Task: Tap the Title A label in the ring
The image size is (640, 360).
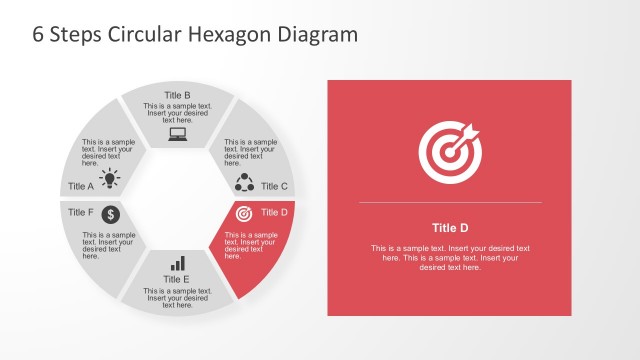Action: (x=81, y=186)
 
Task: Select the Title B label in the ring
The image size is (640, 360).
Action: (x=178, y=95)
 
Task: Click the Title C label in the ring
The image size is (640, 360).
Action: (x=274, y=186)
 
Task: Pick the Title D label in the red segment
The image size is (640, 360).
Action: (x=274, y=212)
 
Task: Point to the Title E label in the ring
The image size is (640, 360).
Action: (x=177, y=279)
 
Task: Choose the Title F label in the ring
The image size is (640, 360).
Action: (x=81, y=212)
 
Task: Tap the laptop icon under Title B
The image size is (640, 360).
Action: (x=178, y=134)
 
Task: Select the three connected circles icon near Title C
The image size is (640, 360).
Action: (x=244, y=182)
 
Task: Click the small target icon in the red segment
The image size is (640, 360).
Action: (x=244, y=214)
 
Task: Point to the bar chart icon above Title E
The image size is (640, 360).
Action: (x=178, y=263)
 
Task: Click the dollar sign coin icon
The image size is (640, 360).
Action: (x=111, y=214)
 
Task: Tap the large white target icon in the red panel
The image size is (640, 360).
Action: (x=450, y=152)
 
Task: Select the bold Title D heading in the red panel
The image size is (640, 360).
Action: (x=450, y=227)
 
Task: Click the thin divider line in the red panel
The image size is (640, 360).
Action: (x=450, y=203)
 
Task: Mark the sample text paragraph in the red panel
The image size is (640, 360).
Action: (x=450, y=257)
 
